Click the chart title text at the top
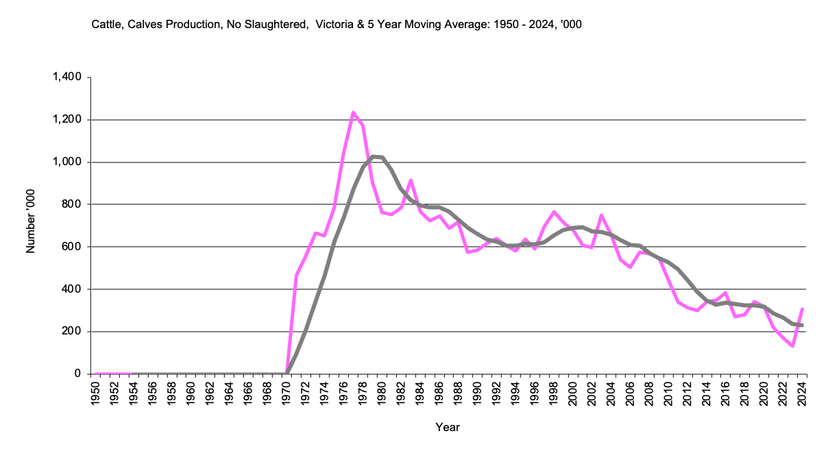pyautogui.click(x=337, y=25)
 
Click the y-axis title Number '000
pyautogui.click(x=30, y=225)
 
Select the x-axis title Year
pyautogui.click(x=448, y=428)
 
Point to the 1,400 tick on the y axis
pyautogui.click(x=67, y=77)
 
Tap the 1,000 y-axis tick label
pyautogui.click(x=67, y=162)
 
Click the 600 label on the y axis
pyautogui.click(x=73, y=247)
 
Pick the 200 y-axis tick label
pyautogui.click(x=73, y=332)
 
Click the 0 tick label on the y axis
pyautogui.click(x=79, y=374)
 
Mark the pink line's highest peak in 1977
pyautogui.click(x=353, y=112)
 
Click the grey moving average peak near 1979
pyautogui.click(x=373, y=157)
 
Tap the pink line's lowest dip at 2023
pyautogui.click(x=792, y=346)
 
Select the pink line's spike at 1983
pyautogui.click(x=411, y=180)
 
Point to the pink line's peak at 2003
pyautogui.click(x=601, y=215)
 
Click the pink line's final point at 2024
pyautogui.click(x=802, y=309)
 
